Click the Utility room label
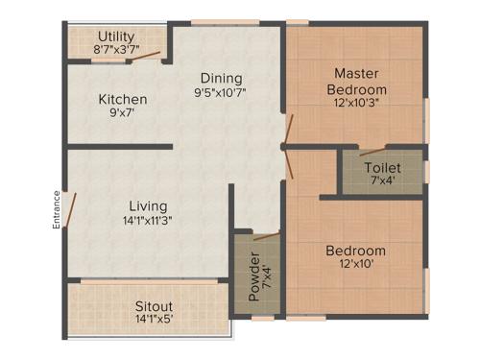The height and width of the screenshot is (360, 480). (115, 36)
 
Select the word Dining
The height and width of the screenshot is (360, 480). (221, 78)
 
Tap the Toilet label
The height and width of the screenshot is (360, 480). (382, 166)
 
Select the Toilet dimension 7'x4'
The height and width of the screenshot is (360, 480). (382, 180)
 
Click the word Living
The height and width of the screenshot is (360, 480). (148, 205)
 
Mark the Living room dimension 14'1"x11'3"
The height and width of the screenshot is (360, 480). (148, 221)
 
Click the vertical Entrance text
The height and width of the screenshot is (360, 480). (57, 210)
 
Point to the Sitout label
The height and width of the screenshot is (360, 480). (154, 306)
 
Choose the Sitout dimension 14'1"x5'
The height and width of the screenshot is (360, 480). (154, 321)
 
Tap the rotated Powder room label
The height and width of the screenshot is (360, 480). (254, 277)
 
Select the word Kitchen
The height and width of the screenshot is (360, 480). (122, 99)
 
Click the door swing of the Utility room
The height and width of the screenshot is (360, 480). (146, 55)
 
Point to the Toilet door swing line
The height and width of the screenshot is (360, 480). (372, 151)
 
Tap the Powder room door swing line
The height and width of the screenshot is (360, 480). (266, 235)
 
